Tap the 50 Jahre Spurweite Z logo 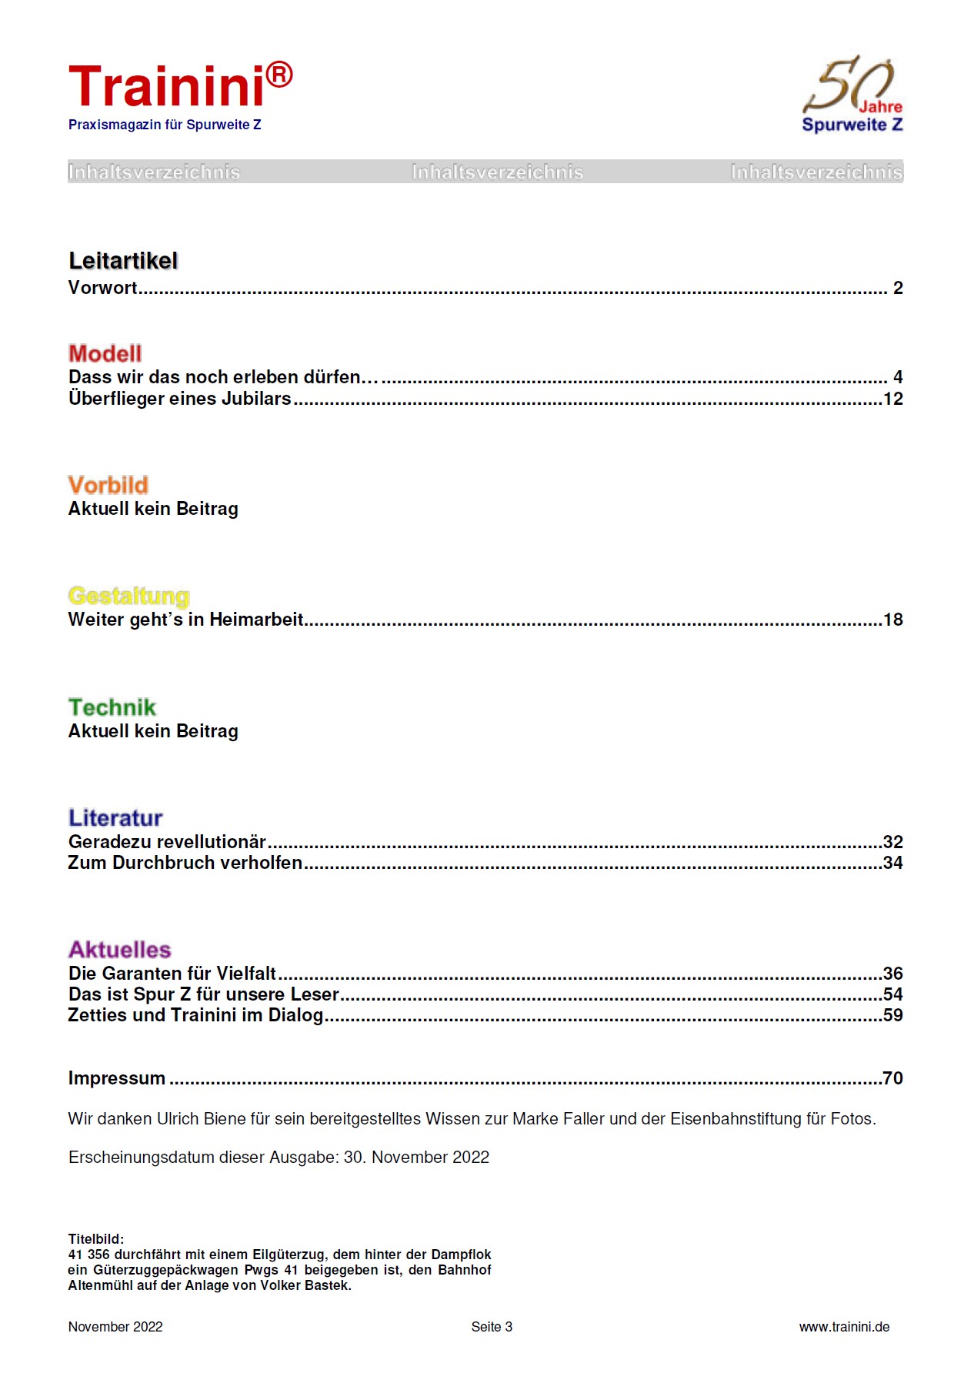pyautogui.click(x=852, y=95)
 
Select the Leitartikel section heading pyautogui.click(x=123, y=261)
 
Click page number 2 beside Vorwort pyautogui.click(x=897, y=288)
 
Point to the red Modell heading pyautogui.click(x=105, y=353)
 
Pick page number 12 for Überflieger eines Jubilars pyautogui.click(x=892, y=399)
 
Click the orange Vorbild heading pyautogui.click(x=108, y=485)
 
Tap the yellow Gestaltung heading pyautogui.click(x=128, y=596)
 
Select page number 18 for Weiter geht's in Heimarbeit pyautogui.click(x=892, y=620)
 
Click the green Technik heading pyautogui.click(x=112, y=707)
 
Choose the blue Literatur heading pyautogui.click(x=115, y=817)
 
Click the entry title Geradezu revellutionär pyautogui.click(x=167, y=842)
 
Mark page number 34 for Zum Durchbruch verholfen pyautogui.click(x=892, y=863)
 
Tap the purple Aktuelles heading pyautogui.click(x=119, y=949)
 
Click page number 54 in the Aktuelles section pyautogui.click(x=892, y=994)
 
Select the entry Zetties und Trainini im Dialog pyautogui.click(x=195, y=1015)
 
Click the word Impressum pyautogui.click(x=117, y=1078)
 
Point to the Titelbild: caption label pyautogui.click(x=96, y=1239)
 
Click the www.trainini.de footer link pyautogui.click(x=844, y=1327)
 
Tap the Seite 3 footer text pyautogui.click(x=492, y=1327)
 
